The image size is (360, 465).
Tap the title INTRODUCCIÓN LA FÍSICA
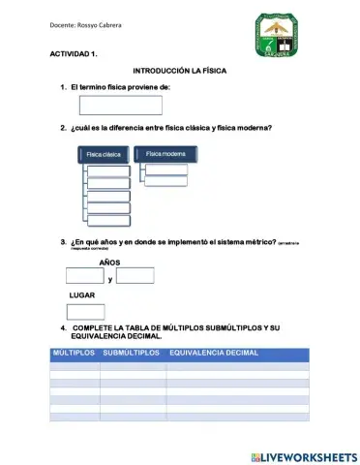180,73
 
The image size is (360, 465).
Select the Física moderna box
165,154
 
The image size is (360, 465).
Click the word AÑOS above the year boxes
110,263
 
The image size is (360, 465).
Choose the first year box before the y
85,276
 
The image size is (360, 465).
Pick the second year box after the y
135,276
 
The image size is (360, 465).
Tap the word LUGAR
82,294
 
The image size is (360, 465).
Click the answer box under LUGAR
85,311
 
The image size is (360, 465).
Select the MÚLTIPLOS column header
73,353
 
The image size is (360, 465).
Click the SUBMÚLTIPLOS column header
131,353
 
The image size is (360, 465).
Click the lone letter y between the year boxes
110,279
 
